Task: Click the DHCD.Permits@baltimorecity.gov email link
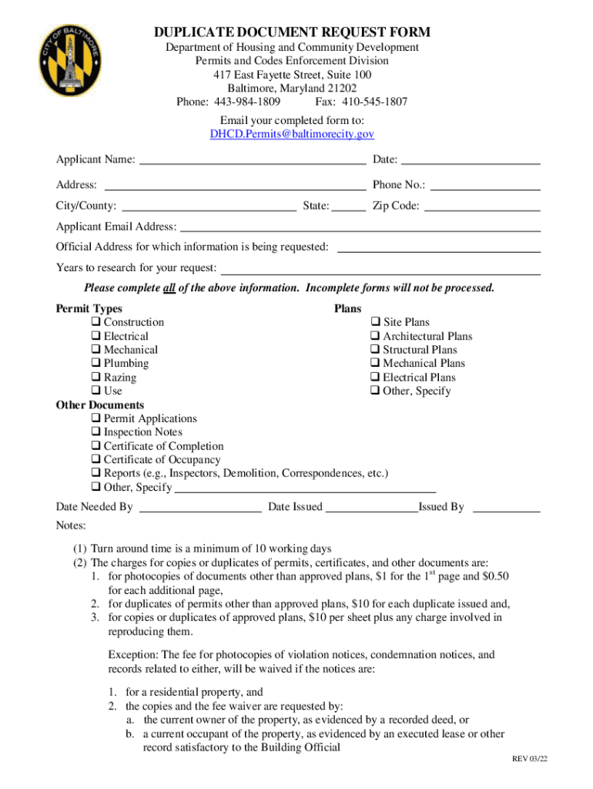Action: (292, 134)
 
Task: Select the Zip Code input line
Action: (482, 207)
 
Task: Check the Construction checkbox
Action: (96, 322)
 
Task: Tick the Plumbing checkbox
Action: (96, 364)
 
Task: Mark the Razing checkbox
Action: (96, 378)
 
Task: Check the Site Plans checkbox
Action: (376, 322)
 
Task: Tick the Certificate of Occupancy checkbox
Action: (96, 460)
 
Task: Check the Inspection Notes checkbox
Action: (96, 432)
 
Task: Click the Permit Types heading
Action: (89, 309)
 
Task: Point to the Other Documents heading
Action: (100, 405)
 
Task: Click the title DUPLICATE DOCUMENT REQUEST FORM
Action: (292, 32)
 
